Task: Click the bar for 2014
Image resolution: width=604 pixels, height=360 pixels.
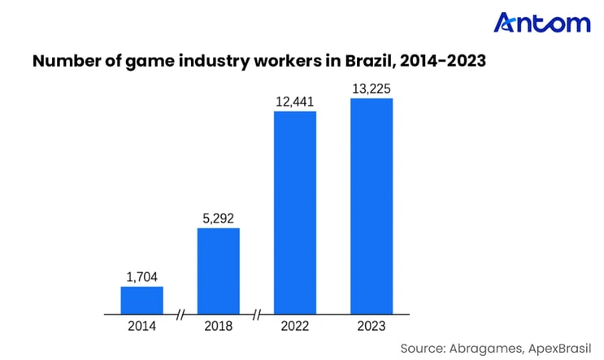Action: pyautogui.click(x=142, y=300)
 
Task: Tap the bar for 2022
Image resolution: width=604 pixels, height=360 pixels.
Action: pyautogui.click(x=295, y=212)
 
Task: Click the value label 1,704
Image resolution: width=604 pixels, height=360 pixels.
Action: pyautogui.click(x=142, y=277)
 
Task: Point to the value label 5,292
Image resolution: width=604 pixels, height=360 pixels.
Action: pyautogui.click(x=219, y=219)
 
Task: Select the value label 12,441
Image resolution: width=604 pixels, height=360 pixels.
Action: pyautogui.click(x=295, y=102)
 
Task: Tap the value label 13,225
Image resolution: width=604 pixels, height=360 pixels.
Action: pyautogui.click(x=372, y=89)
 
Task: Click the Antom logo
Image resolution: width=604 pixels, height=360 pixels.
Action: pyautogui.click(x=542, y=23)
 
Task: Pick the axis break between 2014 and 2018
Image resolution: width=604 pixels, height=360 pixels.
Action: pyautogui.click(x=180, y=314)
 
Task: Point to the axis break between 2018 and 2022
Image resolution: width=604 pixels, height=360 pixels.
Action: pyautogui.click(x=257, y=314)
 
